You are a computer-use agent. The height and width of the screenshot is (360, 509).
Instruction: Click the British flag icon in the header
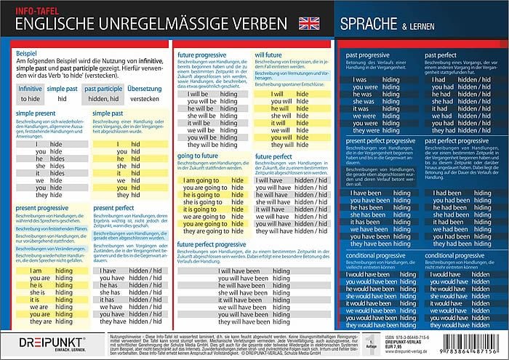coord(307,22)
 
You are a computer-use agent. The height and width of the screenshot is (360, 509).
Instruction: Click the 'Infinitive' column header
coord(31,87)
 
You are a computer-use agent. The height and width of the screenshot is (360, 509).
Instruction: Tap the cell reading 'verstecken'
coord(145,98)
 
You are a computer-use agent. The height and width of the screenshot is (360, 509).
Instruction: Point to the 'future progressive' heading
coord(205,55)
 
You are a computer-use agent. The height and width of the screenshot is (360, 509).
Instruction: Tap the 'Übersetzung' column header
coord(144,87)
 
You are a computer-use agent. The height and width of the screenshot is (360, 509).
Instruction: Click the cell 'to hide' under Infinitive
coord(31,98)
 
